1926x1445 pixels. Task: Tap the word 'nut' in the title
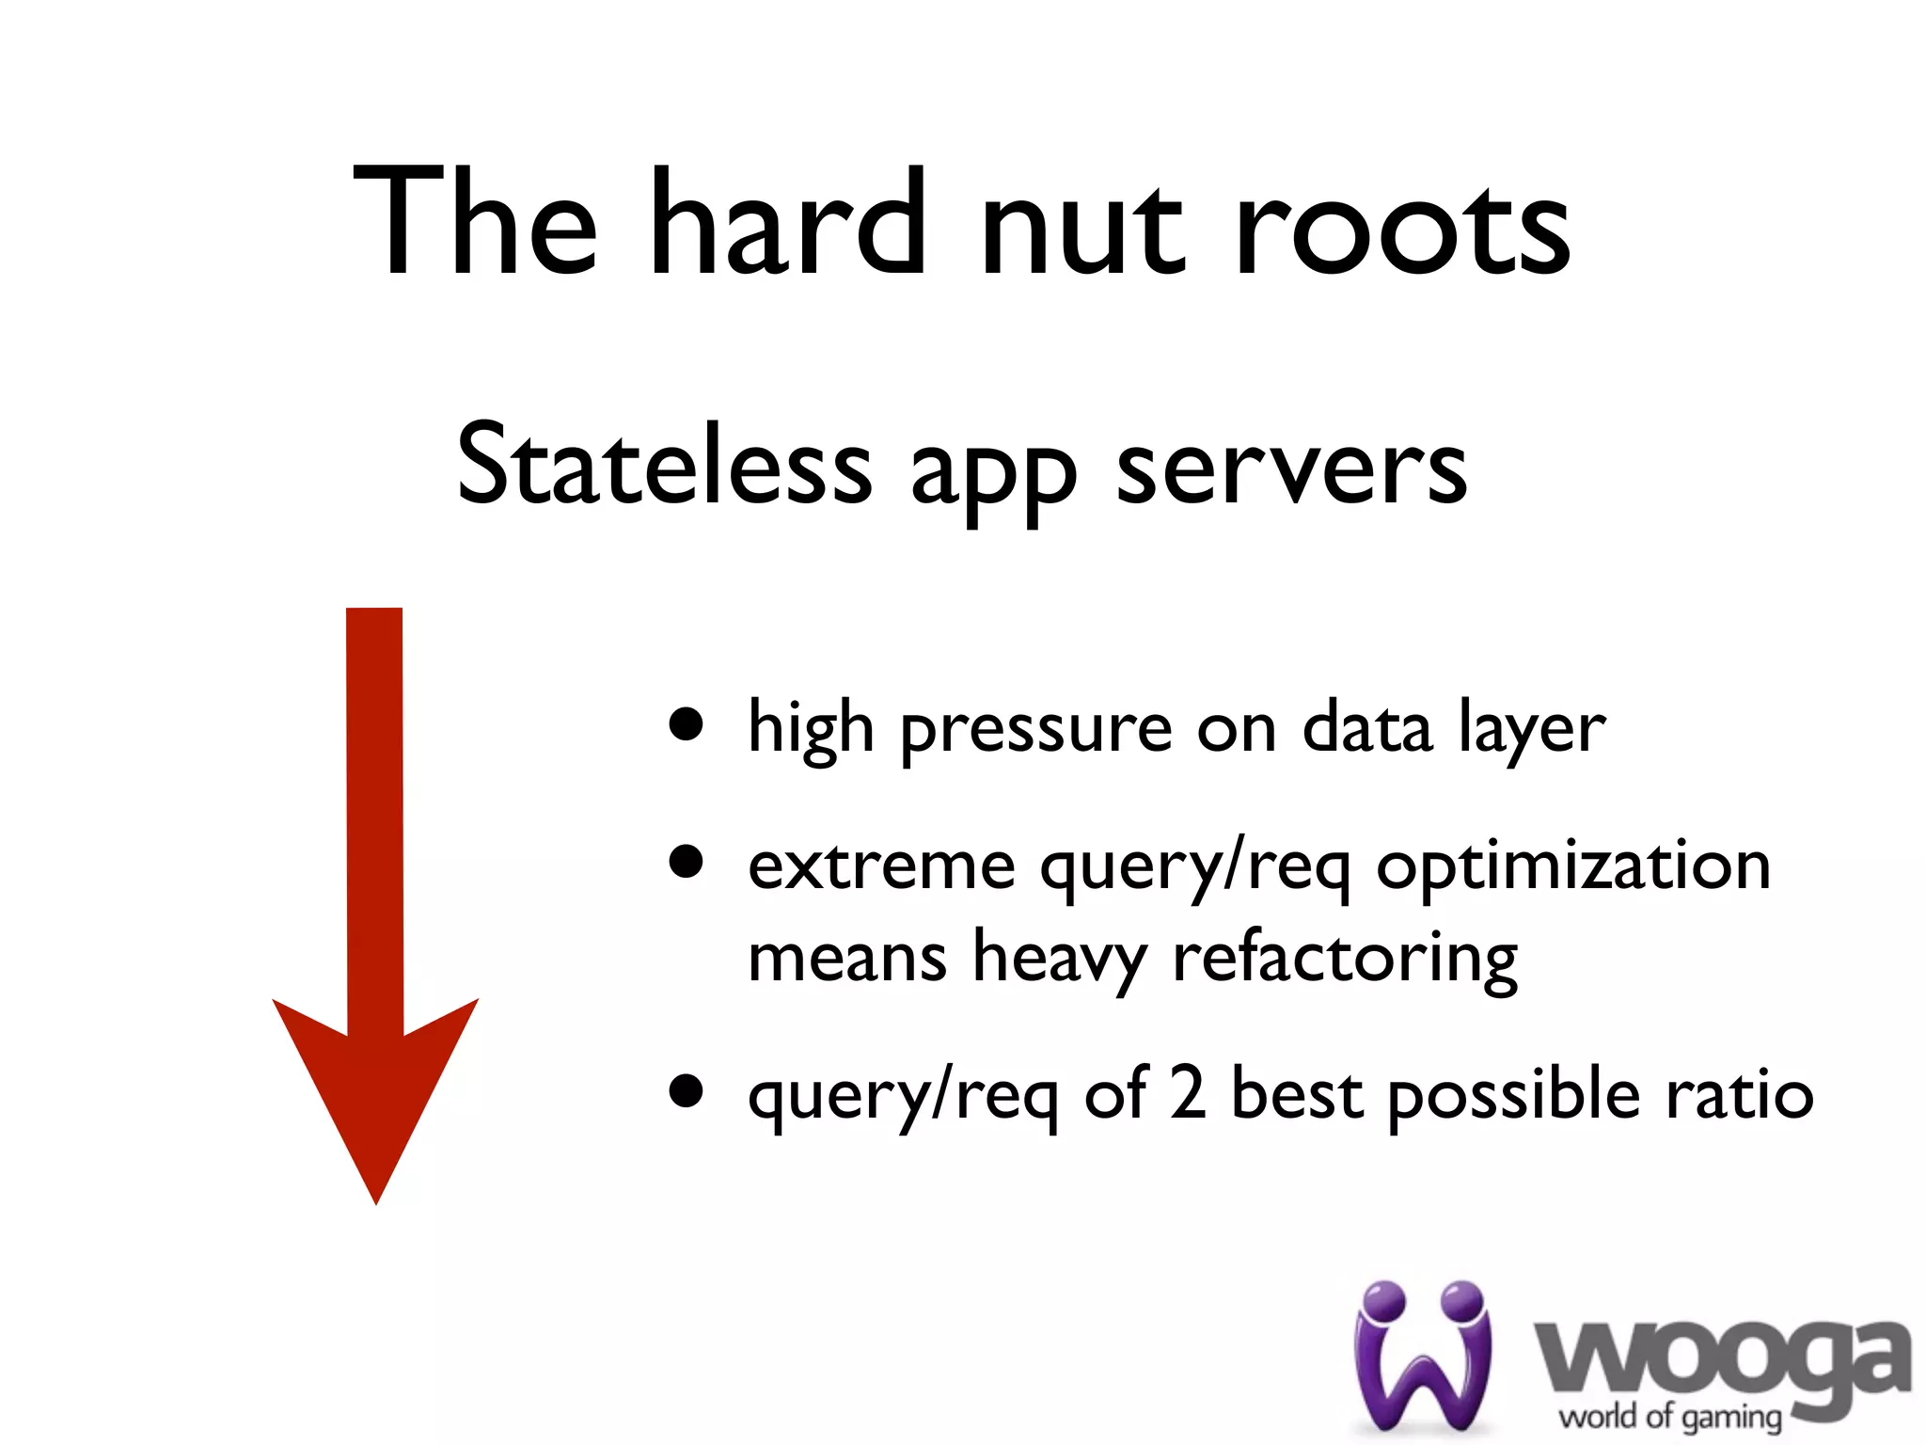tap(1081, 230)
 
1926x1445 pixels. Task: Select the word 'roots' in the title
tap(1402, 230)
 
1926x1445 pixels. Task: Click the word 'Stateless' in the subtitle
tap(664, 465)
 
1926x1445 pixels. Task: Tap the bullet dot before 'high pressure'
tap(687, 725)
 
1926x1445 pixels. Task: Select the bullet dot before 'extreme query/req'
tap(687, 862)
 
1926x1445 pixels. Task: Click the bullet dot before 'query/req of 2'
tap(687, 1091)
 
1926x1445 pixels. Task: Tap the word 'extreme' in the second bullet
tap(881, 865)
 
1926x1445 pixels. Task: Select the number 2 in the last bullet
tap(1188, 1093)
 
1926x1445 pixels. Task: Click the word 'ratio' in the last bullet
tap(1739, 1095)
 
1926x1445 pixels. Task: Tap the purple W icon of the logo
tap(1422, 1356)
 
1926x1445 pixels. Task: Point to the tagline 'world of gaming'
tap(1670, 1417)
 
